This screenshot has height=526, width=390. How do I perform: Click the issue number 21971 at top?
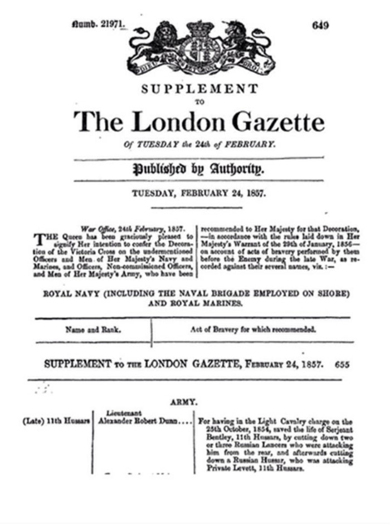(100, 24)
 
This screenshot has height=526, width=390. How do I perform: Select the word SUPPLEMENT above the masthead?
(199, 89)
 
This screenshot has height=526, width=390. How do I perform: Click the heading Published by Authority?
(198, 169)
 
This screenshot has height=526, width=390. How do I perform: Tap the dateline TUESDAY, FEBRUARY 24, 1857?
(198, 194)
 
